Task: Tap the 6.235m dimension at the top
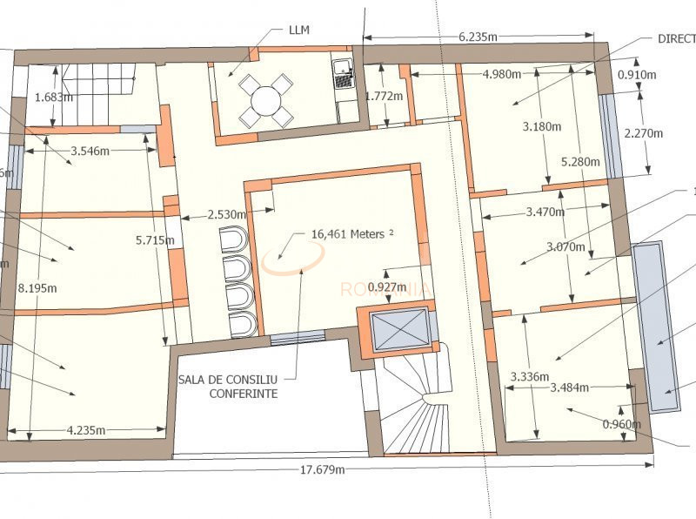478,37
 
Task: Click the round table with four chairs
266,101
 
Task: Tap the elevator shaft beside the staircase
396,332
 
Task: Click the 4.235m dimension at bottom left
86,429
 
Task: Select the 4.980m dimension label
506,74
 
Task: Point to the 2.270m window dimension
644,133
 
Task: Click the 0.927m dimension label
386,286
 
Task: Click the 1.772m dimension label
385,96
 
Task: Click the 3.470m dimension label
545,211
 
